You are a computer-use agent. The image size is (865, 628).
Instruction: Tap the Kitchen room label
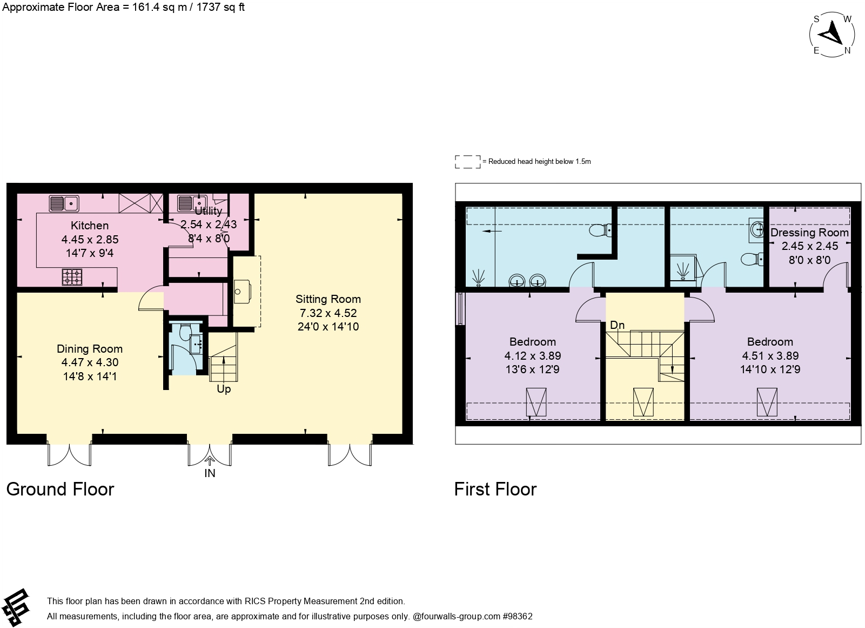[90, 226]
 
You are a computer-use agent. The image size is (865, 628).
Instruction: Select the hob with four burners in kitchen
[72, 276]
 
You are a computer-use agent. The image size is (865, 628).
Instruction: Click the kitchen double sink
[64, 203]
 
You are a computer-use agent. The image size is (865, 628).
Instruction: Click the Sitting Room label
[328, 299]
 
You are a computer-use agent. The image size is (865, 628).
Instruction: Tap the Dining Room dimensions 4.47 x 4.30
[90, 362]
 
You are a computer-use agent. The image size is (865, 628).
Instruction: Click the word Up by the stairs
[224, 389]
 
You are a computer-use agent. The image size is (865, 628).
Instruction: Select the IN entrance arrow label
[210, 473]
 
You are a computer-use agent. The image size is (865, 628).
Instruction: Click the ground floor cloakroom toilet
[185, 332]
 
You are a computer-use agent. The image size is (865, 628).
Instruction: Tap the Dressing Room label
[809, 233]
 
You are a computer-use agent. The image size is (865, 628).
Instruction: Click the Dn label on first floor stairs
[617, 325]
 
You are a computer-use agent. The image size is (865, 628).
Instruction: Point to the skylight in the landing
[643, 402]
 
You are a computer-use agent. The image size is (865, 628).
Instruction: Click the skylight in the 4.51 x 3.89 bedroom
[767, 402]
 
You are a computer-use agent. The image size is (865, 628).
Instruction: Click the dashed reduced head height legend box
[467, 162]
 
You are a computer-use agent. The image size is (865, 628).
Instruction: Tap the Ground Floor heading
[60, 489]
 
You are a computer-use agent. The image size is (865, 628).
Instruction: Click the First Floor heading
[495, 489]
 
